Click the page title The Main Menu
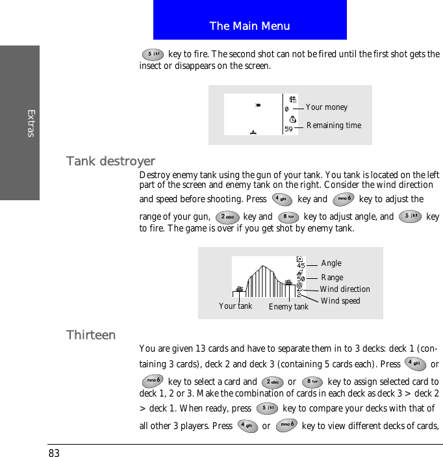[x=249, y=26]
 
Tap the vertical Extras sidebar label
[x=31, y=124]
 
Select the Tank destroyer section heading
[x=110, y=161]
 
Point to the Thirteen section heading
[x=91, y=335]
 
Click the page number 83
[x=54, y=452]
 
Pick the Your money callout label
[x=327, y=107]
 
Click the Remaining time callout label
[x=334, y=125]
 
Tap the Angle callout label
[x=331, y=263]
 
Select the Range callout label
[x=332, y=278]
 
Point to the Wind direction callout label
[x=345, y=289]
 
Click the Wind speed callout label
[x=340, y=301]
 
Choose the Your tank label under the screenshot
[x=235, y=306]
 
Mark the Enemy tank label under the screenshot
[x=288, y=307]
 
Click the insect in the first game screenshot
[x=259, y=104]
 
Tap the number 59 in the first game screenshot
[x=289, y=129]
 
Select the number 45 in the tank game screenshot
[x=301, y=265]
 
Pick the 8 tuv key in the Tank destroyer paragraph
[x=288, y=217]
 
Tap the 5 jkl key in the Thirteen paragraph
[x=266, y=408]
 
